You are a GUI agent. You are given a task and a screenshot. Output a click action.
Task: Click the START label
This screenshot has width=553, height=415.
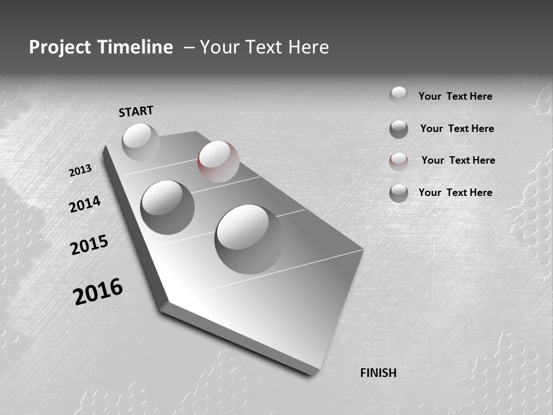tap(136, 111)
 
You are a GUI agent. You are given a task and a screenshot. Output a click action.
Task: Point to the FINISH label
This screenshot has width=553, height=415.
tap(378, 373)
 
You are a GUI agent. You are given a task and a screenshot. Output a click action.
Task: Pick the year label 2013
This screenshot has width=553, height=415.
tap(81, 171)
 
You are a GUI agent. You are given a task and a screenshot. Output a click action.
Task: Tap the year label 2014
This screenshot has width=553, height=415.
tap(85, 204)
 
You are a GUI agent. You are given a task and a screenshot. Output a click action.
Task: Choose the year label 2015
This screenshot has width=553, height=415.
tap(89, 245)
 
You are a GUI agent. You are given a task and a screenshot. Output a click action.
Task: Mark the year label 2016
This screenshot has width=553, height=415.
tap(98, 291)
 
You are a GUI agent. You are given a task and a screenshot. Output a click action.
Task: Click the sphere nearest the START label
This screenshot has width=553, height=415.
tap(141, 142)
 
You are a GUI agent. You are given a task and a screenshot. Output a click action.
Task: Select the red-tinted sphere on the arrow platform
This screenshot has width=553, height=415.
tap(218, 161)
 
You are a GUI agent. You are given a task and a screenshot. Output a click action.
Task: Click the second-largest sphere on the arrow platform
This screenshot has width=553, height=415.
tap(168, 207)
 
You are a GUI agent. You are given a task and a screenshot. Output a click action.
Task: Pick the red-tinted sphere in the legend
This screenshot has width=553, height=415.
tap(399, 161)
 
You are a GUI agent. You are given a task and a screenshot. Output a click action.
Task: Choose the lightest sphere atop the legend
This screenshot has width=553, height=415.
tap(399, 95)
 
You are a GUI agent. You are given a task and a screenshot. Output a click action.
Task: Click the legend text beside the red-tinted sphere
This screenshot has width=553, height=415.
tap(458, 160)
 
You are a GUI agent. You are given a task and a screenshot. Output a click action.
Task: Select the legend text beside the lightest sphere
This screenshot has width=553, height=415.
tap(455, 96)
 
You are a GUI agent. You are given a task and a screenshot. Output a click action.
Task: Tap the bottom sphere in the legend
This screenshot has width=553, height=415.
tap(399, 193)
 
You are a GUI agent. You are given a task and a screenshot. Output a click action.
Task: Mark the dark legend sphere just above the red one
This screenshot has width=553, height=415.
tap(399, 129)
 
